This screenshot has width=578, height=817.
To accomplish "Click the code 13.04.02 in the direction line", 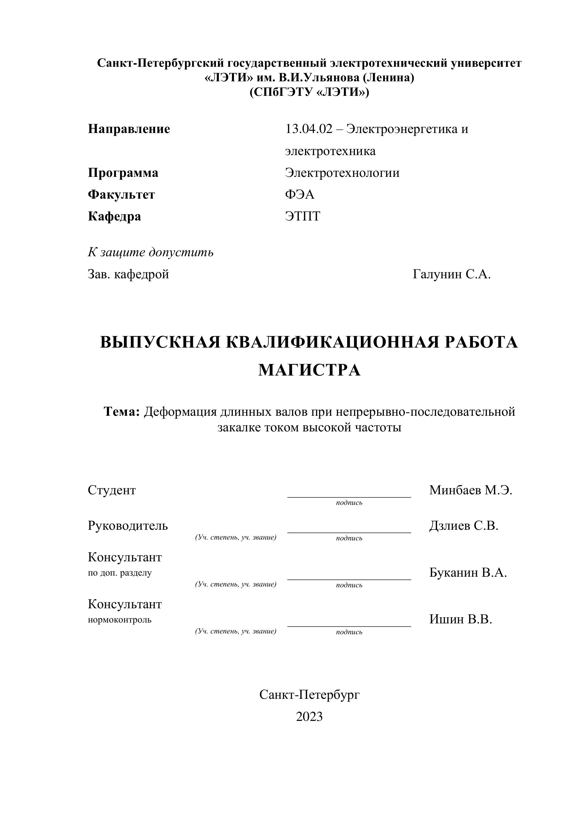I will click(309, 129).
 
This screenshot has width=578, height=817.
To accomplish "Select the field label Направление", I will click(129, 129).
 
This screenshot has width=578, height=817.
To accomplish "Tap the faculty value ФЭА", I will click(300, 195).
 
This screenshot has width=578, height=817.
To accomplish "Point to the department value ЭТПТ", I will click(302, 216).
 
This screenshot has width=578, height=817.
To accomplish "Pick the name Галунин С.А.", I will click(452, 274).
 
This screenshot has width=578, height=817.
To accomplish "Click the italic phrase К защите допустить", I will click(151, 252).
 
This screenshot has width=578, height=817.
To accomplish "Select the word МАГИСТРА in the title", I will click(309, 370).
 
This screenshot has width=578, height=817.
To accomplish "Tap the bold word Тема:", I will click(122, 412).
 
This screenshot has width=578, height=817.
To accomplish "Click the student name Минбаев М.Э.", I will click(470, 490).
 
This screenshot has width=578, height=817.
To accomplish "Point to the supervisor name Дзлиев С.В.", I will click(463, 526).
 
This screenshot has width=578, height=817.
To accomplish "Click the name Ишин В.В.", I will click(461, 619).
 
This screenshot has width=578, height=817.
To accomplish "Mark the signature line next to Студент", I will click(349, 497).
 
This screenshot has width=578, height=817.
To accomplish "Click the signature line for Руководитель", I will click(349, 532).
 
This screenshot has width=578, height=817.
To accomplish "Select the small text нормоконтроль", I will click(120, 620).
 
